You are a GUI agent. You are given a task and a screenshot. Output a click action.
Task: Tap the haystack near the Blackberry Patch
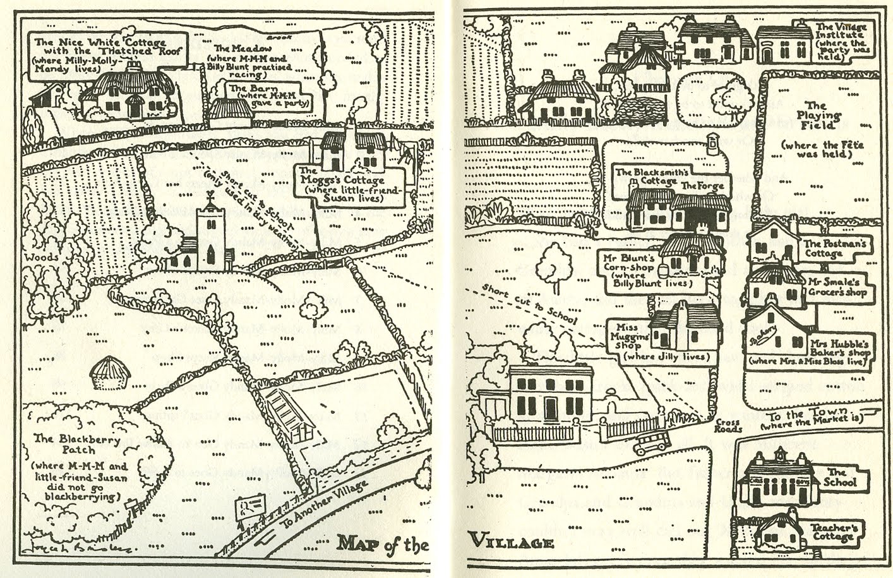click(111, 374)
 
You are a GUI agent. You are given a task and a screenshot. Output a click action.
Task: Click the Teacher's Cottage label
click(832, 532)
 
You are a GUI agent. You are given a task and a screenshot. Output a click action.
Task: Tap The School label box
click(839, 478)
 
